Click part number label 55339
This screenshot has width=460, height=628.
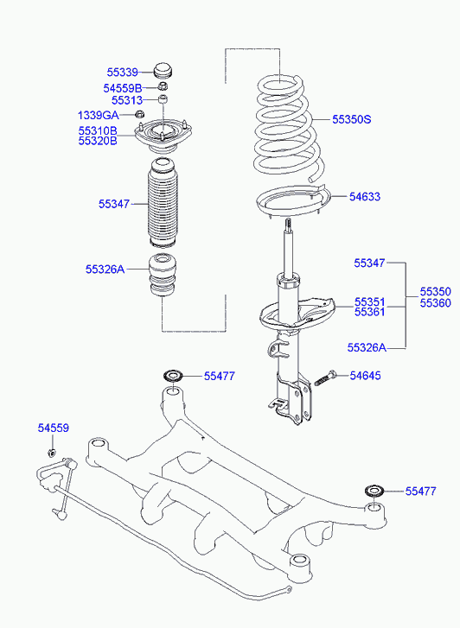(x=122, y=73)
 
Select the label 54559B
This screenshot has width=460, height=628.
(x=123, y=88)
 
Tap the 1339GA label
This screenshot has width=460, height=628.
(x=99, y=116)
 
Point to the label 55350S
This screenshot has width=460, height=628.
(x=352, y=119)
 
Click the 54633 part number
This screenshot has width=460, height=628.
(x=365, y=197)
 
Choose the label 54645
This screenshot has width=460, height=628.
(x=366, y=376)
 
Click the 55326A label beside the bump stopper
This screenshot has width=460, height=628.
(x=105, y=270)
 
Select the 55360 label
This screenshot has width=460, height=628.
(x=436, y=303)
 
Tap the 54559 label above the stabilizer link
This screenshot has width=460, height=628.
(x=54, y=428)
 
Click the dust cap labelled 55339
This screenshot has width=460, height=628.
(x=163, y=72)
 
